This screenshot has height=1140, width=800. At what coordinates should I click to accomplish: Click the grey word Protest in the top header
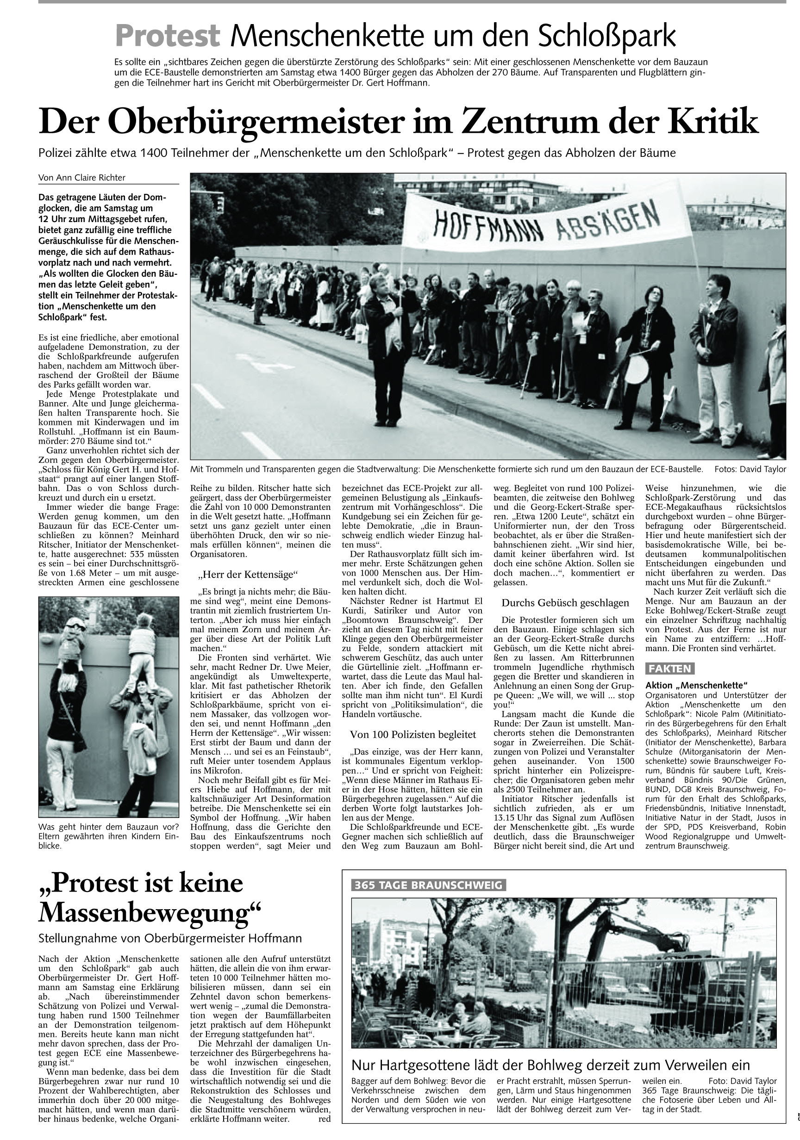168,36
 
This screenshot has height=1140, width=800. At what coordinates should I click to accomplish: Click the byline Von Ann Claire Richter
82,178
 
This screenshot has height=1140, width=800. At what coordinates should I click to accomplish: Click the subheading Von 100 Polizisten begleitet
413,734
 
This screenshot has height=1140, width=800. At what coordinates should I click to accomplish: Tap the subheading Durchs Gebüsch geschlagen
565,603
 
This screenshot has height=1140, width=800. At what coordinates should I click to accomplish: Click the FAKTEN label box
669,668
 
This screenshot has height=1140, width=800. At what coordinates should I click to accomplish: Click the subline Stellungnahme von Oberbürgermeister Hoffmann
170,938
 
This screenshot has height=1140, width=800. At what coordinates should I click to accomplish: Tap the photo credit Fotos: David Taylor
750,469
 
